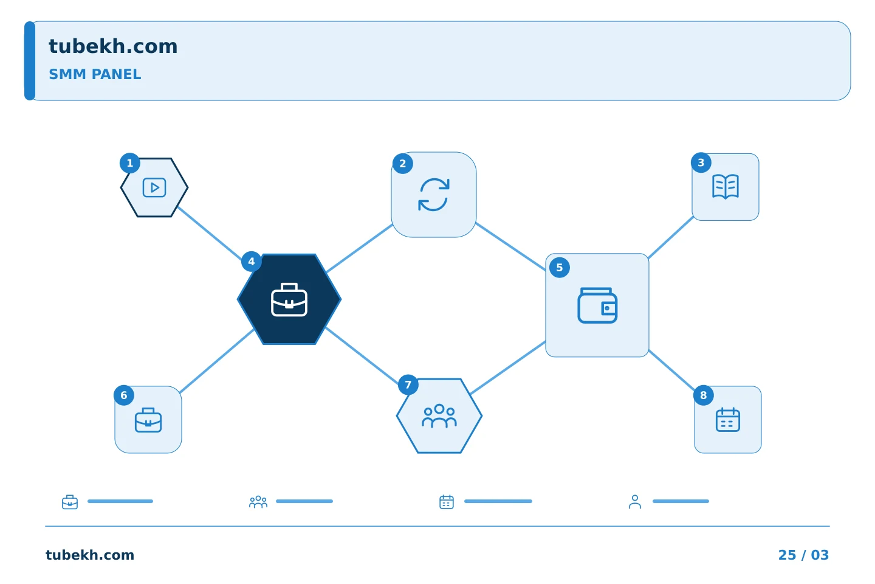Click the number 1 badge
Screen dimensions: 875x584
pos(130,163)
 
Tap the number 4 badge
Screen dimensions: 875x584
pos(252,262)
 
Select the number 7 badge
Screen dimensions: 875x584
pos(408,385)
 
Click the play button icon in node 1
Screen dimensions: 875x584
pos(154,188)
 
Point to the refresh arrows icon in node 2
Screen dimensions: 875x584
pos(434,195)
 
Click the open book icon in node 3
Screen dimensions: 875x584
pos(726,187)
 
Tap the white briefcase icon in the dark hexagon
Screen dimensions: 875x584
pos(289,300)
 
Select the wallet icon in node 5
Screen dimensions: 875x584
pos(597,305)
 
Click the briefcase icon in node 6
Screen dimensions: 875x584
pos(148,420)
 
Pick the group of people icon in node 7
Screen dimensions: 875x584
pos(439,416)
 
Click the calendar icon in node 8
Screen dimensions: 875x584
pos(728,420)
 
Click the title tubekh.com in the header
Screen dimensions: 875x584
pos(113,46)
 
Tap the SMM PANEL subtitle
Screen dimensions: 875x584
pos(95,74)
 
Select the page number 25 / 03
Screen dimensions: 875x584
pos(803,555)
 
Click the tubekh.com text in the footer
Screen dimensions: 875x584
pos(90,555)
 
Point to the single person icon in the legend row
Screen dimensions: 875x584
pos(635,502)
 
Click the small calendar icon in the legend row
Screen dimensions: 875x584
pos(447,502)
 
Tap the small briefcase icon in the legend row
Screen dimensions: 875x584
pos(70,502)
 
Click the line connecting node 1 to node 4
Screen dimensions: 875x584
pos(210,233)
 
